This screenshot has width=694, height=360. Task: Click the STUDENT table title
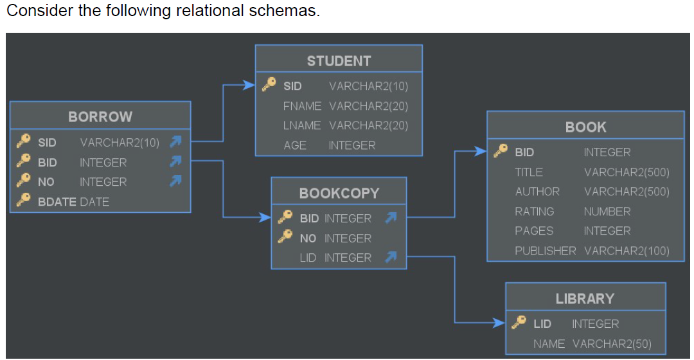click(339, 61)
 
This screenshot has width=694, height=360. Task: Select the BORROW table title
click(100, 117)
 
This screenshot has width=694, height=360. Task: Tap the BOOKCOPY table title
click(339, 193)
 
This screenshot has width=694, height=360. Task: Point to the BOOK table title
click(585, 127)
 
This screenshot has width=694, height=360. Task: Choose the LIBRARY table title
click(585, 299)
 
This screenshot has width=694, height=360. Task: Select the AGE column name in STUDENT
click(295, 145)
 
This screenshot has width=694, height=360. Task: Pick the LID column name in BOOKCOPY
click(308, 258)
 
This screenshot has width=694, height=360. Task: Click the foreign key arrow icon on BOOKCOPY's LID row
click(389, 258)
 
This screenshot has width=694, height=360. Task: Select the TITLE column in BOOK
click(528, 172)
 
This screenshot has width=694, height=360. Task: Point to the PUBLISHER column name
click(545, 251)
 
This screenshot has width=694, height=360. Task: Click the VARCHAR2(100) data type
click(627, 251)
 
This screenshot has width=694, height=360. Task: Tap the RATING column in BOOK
click(534, 212)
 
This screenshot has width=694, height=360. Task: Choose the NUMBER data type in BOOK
click(607, 212)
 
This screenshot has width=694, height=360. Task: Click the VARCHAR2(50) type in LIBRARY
click(611, 344)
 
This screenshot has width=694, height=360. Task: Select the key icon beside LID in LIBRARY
click(519, 323)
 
